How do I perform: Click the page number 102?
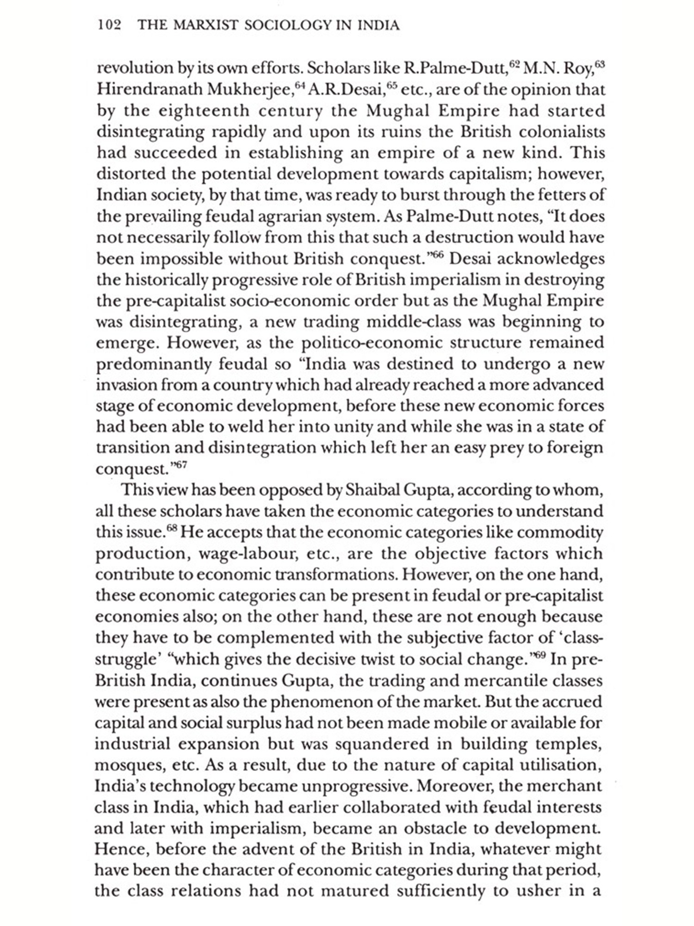[109, 25]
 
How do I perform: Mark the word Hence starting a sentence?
[121, 850]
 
